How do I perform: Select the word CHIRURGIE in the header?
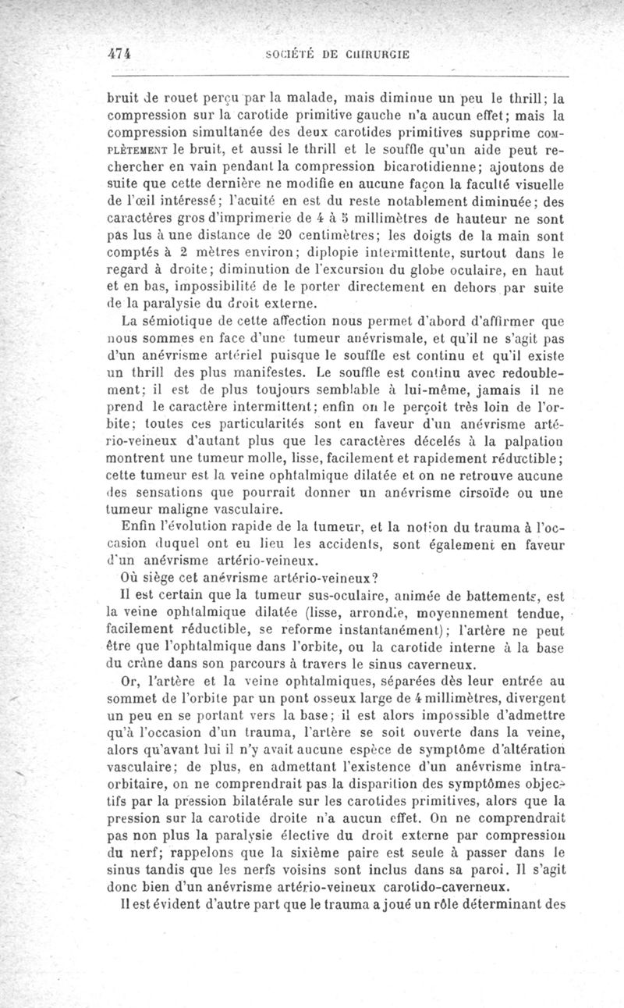(377, 55)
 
